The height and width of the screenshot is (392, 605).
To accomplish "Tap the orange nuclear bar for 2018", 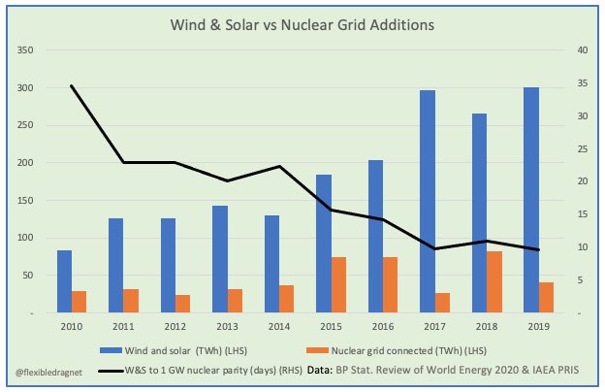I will tap(494, 282).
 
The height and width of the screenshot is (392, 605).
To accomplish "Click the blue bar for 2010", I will tap(65, 281).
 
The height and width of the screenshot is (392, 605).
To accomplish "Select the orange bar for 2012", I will tap(183, 304).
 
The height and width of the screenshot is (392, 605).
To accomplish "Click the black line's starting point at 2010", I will tap(72, 85).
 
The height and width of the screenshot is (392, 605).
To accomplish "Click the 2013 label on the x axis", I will tap(227, 327).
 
